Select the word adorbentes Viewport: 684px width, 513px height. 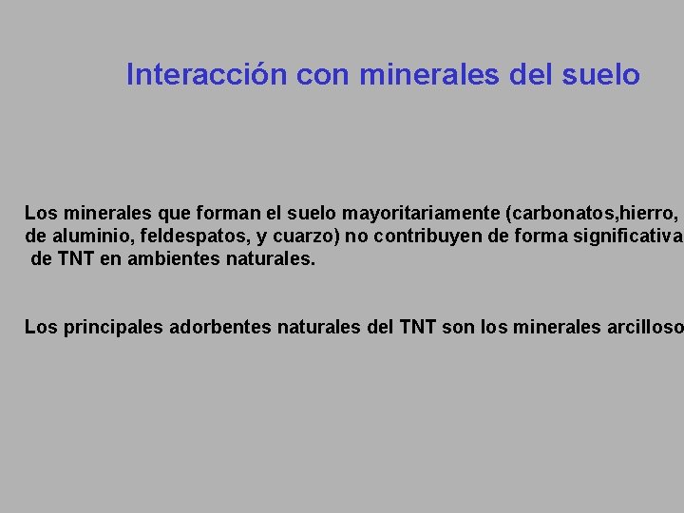[220, 328]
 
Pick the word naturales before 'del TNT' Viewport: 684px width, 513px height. [318, 328]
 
